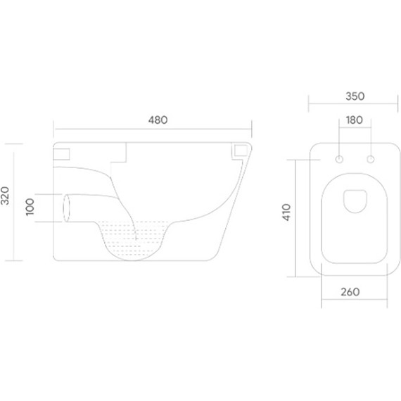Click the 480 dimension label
tap(158, 120)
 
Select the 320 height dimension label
tap(5, 196)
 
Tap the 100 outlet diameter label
tap(30, 207)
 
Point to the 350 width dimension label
tap(355, 96)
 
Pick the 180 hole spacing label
tap(354, 120)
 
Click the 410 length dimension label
tap(286, 212)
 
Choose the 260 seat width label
tap(350, 292)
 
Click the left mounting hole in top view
tap(339, 159)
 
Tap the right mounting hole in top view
tap(371, 159)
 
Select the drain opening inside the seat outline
tap(355, 201)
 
